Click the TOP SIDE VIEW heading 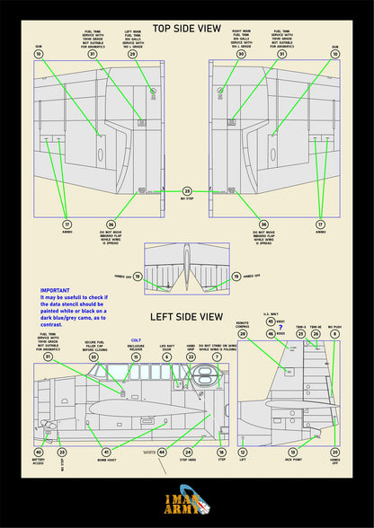coord(187,29)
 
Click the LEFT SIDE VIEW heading coord(187,317)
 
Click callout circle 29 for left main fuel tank coord(133,55)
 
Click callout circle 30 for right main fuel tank coord(241,55)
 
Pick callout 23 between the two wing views coord(187,191)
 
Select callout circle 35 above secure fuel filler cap coord(93,357)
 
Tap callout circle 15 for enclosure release coord(136,357)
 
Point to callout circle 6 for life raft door coord(166,357)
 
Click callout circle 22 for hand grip coord(190,357)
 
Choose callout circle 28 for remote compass coord(242,334)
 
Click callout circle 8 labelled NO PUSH coord(334,334)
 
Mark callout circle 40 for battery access coord(38,453)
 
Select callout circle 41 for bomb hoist coord(106,453)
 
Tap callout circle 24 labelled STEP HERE coord(188,453)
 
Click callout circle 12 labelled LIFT coord(242,453)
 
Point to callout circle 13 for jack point coord(292,453)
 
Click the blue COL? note coord(136,340)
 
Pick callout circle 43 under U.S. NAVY coord(271,321)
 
